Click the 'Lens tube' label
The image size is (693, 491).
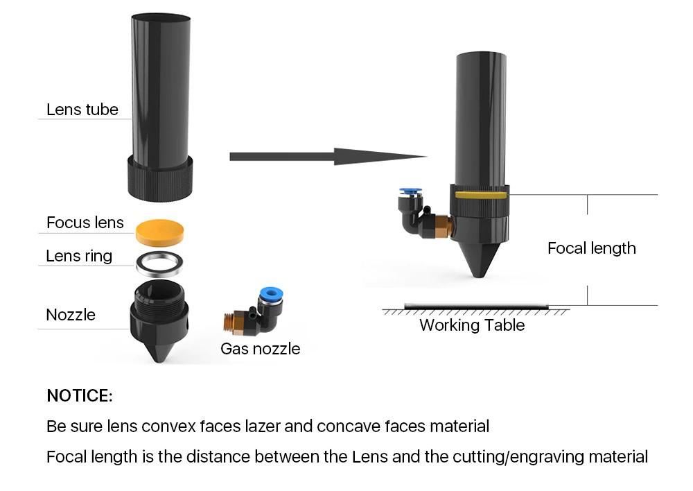pyautogui.click(x=82, y=110)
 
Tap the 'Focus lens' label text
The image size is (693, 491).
pyautogui.click(x=85, y=223)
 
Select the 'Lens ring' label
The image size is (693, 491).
pyautogui.click(x=78, y=256)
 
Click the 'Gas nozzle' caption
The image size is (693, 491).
pyautogui.click(x=260, y=349)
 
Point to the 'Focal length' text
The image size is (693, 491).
pyautogui.click(x=591, y=248)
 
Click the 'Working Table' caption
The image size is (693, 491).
pyautogui.click(x=471, y=325)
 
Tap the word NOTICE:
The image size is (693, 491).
pyautogui.click(x=79, y=396)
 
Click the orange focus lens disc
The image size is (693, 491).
pyautogui.click(x=160, y=232)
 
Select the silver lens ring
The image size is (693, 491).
pyautogui.click(x=159, y=264)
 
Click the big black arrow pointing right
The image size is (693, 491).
pyautogui.click(x=326, y=157)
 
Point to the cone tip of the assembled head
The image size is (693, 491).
pyautogui.click(x=479, y=267)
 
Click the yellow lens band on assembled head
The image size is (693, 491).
pyautogui.click(x=481, y=196)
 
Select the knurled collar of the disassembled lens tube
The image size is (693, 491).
pyautogui.click(x=159, y=178)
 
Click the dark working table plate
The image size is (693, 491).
pyautogui.click(x=475, y=306)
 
